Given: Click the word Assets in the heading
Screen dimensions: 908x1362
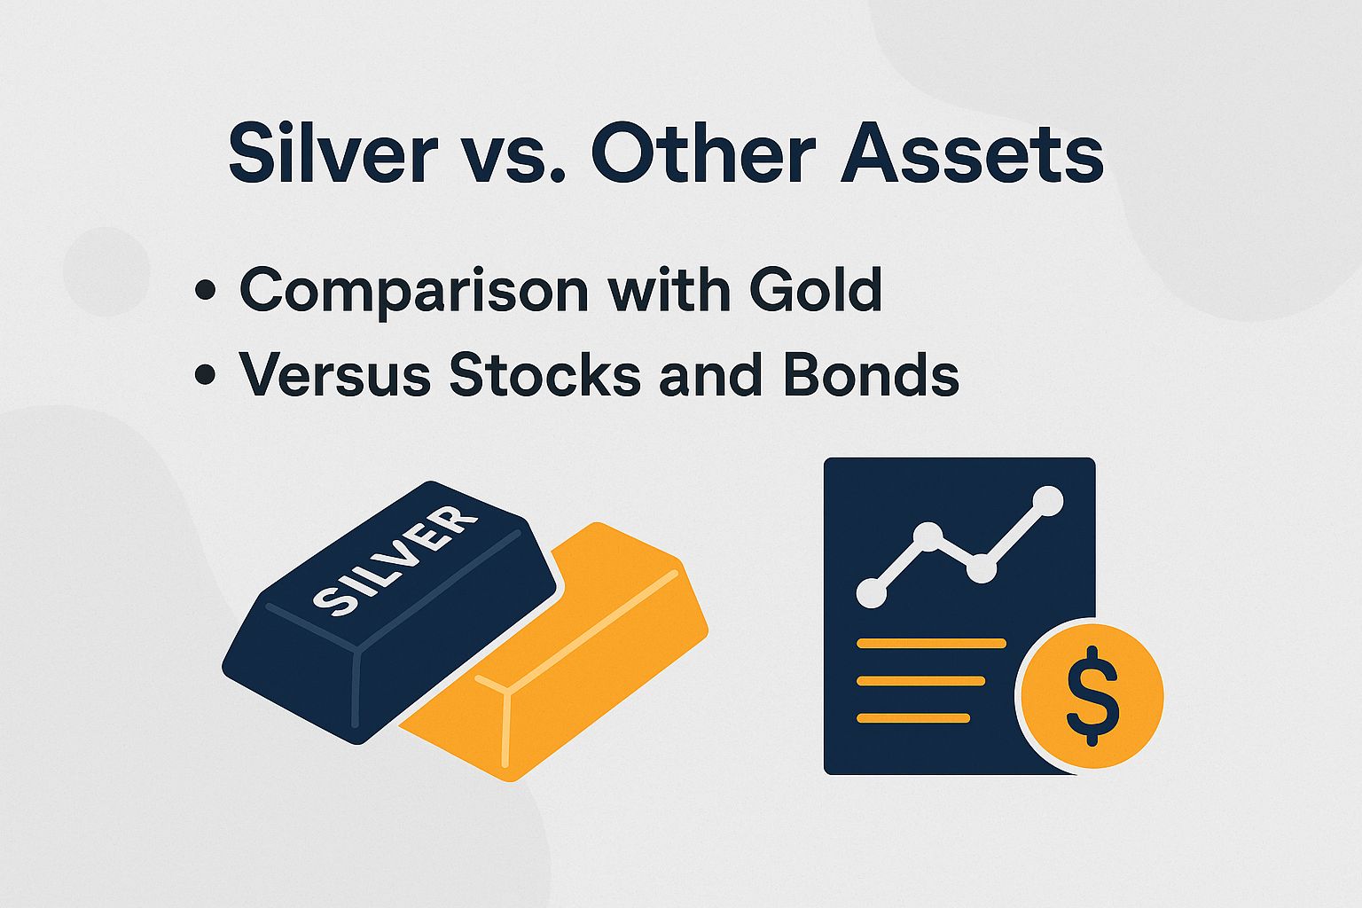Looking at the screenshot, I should [x=972, y=154].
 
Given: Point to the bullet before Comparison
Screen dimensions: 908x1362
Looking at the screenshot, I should [x=205, y=290].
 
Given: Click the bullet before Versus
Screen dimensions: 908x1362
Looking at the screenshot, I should [x=205, y=375].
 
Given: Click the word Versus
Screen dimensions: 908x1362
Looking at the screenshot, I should [x=335, y=374].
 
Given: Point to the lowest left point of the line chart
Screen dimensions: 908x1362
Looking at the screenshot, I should [x=872, y=593].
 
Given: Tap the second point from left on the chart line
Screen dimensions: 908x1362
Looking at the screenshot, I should [x=928, y=536].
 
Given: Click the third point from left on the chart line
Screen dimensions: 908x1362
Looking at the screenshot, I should [x=981, y=568].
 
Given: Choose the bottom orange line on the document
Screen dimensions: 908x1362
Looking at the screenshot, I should [x=913, y=717].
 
